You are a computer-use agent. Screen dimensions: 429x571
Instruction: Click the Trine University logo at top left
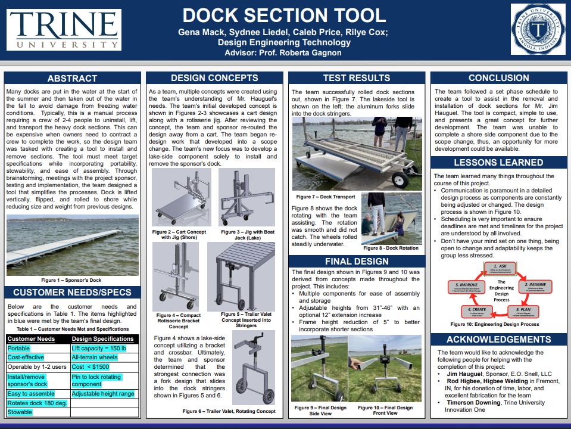tap(64, 29)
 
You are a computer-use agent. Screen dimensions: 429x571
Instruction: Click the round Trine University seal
tap(538, 29)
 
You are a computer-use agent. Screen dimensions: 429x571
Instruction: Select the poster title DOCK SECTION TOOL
tap(284, 15)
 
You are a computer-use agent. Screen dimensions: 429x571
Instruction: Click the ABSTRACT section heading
tap(72, 78)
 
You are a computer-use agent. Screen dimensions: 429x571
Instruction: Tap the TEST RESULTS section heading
tap(356, 78)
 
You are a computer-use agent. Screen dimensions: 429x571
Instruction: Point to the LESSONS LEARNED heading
tap(498, 162)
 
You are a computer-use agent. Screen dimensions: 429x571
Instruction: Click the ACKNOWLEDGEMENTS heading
tap(498, 340)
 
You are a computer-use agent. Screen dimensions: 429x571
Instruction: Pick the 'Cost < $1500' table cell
tap(90, 366)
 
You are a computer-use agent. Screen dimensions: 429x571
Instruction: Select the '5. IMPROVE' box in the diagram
tap(466, 286)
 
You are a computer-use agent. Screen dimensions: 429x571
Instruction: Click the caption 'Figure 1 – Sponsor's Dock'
tap(71, 279)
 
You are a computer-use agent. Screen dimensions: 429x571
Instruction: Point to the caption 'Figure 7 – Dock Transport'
tap(325, 197)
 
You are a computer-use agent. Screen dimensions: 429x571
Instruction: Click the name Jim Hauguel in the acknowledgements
tap(466, 374)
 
